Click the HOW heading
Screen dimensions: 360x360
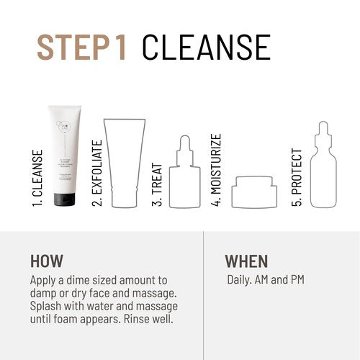click(x=47, y=261)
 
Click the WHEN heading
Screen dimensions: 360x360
click(x=246, y=261)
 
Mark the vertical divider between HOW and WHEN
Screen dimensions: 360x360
click(x=204, y=295)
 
